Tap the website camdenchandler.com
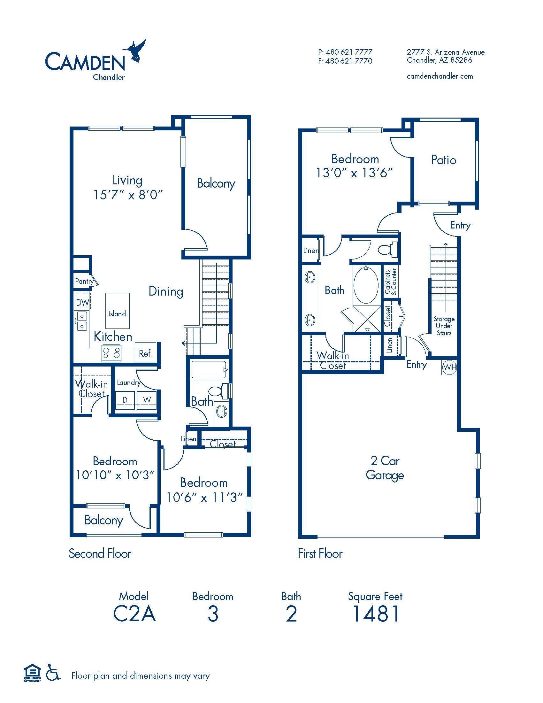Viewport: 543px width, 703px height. tap(440, 76)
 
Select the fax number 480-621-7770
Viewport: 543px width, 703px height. tap(349, 61)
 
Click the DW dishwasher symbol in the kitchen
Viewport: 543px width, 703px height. tap(82, 302)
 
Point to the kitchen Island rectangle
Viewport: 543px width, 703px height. tap(118, 311)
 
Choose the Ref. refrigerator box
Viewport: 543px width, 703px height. tap(145, 353)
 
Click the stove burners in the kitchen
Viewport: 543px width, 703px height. tap(111, 352)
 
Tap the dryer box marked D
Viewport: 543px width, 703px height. tap(125, 400)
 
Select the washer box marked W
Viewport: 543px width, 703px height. tap(147, 400)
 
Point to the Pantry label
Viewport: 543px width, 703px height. tap(84, 281)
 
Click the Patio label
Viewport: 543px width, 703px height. tap(444, 160)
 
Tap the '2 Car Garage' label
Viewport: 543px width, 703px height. tap(385, 468)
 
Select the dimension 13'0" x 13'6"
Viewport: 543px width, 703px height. tap(354, 173)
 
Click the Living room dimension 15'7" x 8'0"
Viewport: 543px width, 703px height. tap(128, 194)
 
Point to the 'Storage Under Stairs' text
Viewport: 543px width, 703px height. tap(444, 326)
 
